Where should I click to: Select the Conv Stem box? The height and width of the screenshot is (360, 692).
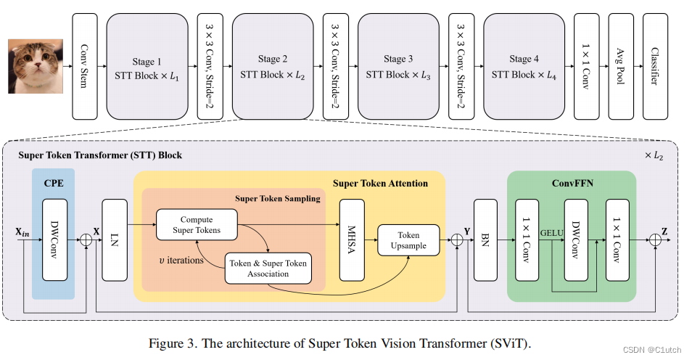84,66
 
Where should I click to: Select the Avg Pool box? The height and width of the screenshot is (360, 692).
621,66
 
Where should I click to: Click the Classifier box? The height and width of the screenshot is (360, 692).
656,66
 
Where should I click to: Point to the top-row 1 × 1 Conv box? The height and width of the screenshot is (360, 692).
587,66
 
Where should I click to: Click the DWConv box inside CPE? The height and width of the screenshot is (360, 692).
55,239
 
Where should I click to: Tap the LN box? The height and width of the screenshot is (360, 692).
115,239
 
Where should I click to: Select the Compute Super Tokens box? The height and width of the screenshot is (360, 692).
197,225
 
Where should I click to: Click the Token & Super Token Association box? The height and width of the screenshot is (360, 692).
268,269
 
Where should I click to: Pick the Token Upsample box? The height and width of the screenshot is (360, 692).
408,240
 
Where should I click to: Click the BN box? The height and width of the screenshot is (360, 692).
485,239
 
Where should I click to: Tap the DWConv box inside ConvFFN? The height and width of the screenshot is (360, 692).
577,239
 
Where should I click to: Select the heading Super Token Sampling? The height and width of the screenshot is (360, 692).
278,198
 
